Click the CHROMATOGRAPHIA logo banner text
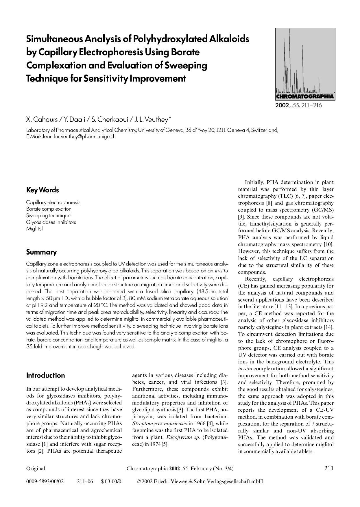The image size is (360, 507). [x=305, y=96]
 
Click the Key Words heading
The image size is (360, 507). [x=43, y=190]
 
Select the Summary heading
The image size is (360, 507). [x=41, y=252]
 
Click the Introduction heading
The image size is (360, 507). [x=45, y=375]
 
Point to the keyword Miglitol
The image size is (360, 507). [x=34, y=229]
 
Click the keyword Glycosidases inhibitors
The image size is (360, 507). [x=51, y=222]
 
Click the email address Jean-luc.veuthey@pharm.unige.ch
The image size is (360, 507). [x=79, y=137]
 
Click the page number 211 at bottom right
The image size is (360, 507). [x=328, y=468]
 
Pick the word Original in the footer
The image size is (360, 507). [x=36, y=469]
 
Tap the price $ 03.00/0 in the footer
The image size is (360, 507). [x=111, y=482]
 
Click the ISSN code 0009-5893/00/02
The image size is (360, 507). [x=45, y=482]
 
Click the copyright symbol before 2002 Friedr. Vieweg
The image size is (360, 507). [x=139, y=482]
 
